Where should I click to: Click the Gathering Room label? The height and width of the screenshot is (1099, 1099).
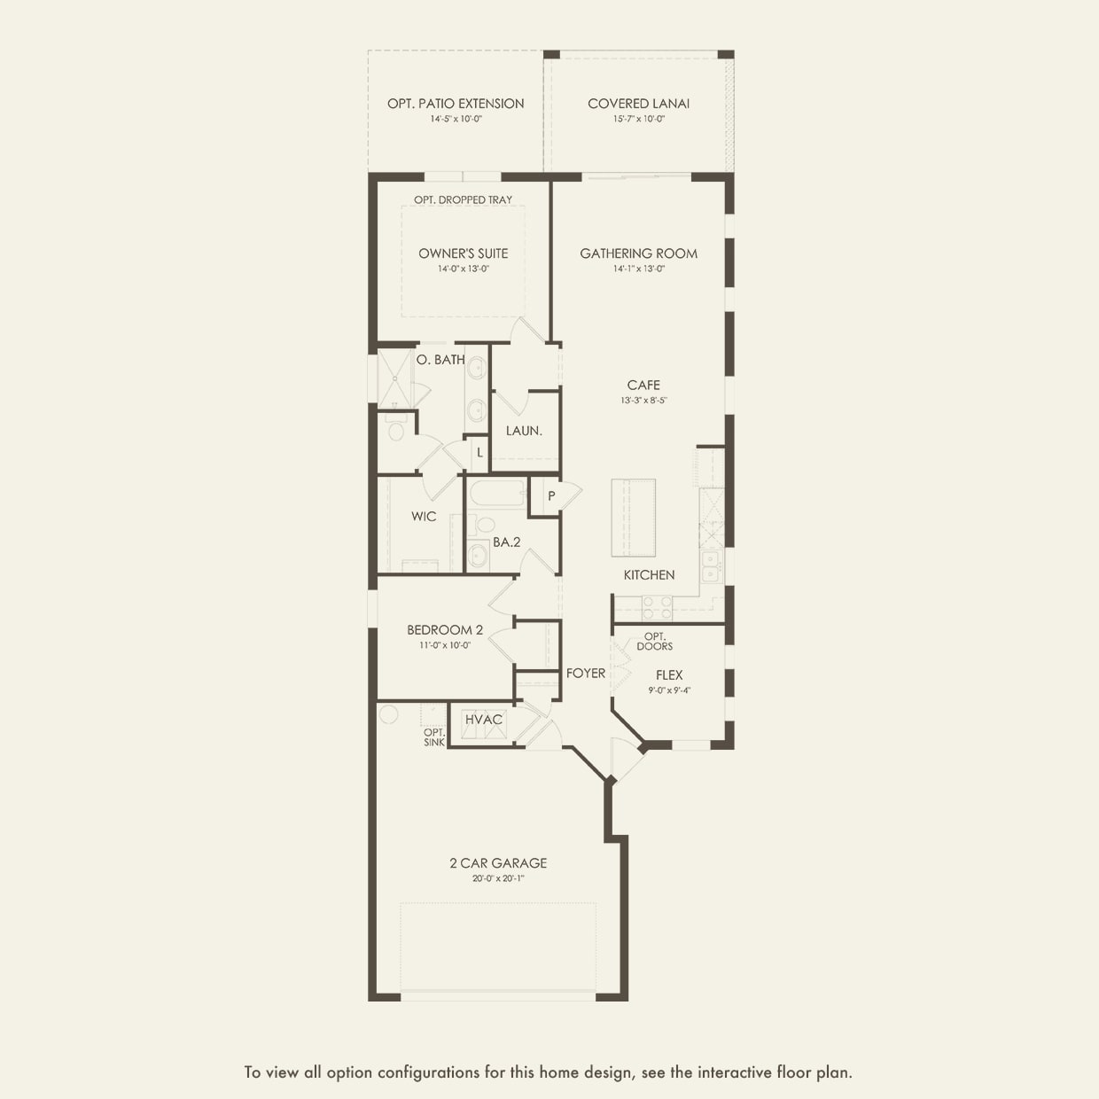pos(638,253)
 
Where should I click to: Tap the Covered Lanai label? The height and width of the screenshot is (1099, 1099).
pos(638,104)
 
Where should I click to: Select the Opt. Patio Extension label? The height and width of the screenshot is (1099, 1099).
pos(456,104)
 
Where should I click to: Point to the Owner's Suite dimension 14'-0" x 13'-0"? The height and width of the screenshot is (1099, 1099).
pos(463,269)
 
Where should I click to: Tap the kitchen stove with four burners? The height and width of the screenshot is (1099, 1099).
pos(657,607)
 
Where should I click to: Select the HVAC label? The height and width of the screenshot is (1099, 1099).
pos(484,720)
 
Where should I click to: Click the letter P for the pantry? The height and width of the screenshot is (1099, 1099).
pos(551,496)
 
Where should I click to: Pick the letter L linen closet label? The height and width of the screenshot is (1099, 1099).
pos(479,453)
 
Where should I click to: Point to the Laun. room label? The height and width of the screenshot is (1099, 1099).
pos(524,431)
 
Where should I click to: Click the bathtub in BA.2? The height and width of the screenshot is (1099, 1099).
pos(496,494)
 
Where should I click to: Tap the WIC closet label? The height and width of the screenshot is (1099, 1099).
pos(424,517)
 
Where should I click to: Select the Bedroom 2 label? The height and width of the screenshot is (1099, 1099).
pos(445,630)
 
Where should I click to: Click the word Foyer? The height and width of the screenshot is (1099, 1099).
pos(586,674)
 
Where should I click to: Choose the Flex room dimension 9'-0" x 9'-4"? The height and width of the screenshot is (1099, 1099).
pos(669,690)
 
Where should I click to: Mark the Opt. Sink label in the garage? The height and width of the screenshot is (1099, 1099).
pos(434,737)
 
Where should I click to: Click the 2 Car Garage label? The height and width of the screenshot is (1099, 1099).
pos(498,863)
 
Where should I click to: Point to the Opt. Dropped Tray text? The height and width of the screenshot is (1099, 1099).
pos(463,200)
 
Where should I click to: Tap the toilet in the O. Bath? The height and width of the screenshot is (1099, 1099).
pos(396,431)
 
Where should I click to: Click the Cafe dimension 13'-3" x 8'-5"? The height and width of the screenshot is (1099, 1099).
pos(643,401)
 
